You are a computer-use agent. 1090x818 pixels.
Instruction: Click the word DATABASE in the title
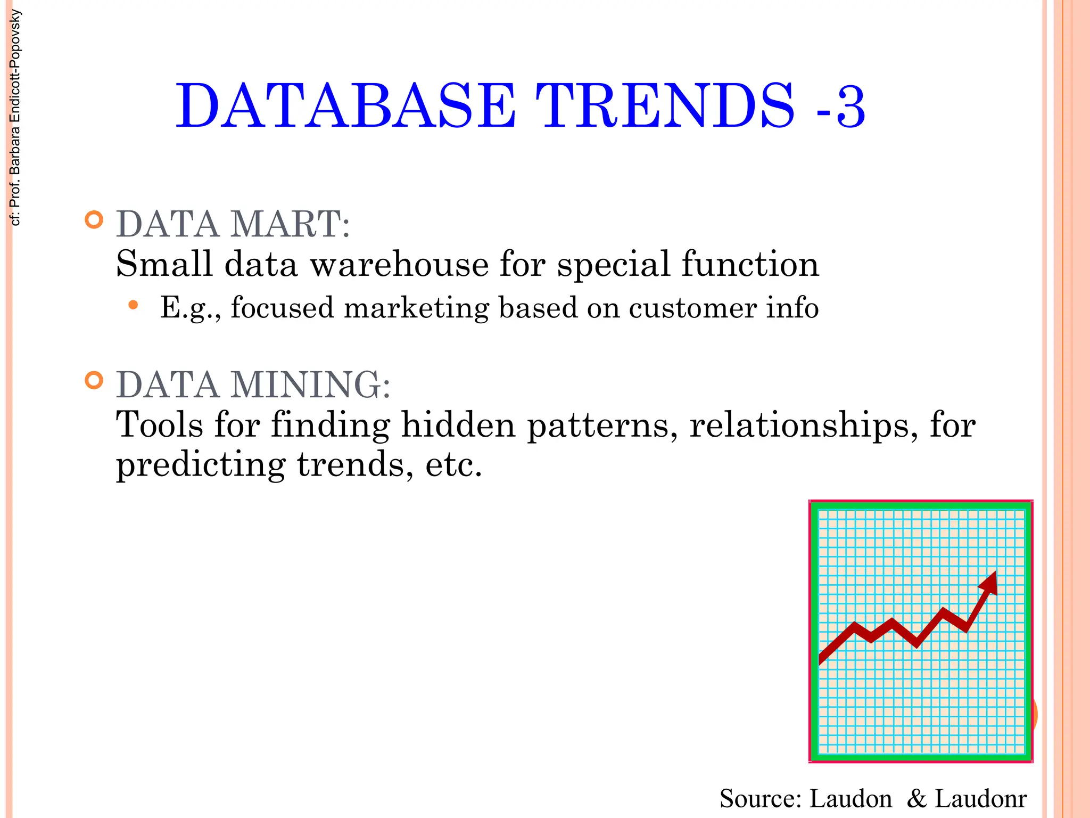point(346,107)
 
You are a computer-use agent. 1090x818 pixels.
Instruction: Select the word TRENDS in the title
point(665,107)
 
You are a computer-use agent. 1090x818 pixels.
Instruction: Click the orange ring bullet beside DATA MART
point(94,220)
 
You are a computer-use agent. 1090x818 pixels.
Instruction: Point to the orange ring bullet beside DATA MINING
point(94,380)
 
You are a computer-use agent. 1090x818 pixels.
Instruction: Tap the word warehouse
point(399,264)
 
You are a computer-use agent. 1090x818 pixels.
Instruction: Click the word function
point(750,264)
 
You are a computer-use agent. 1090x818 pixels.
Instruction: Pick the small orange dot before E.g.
point(133,305)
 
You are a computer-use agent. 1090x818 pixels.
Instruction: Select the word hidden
point(458,425)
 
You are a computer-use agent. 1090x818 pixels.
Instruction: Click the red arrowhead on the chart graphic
point(989,583)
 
